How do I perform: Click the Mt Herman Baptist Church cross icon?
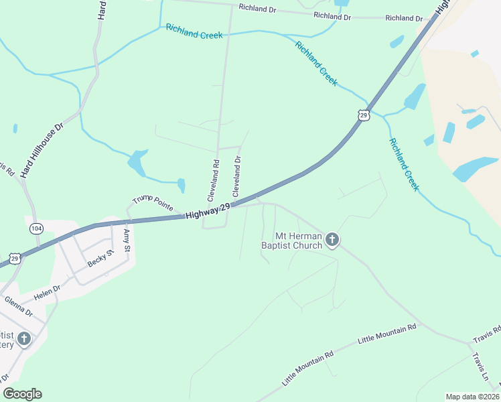(332, 240)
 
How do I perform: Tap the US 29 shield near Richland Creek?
(363, 115)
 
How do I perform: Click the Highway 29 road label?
(208, 211)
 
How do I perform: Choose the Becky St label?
(101, 259)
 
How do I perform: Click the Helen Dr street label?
(48, 292)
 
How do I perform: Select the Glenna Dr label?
(18, 308)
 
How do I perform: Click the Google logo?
(22, 394)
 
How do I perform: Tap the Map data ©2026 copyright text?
(472, 397)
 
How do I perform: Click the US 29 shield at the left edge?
(15, 258)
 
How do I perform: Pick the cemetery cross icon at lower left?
(23, 339)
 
